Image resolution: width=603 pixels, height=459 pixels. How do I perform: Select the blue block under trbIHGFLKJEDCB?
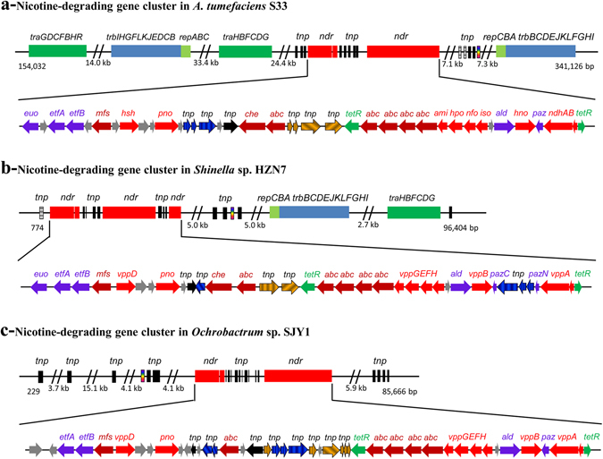pyautogui.click(x=145, y=52)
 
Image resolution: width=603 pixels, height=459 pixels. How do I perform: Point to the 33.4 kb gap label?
pyautogui.click(x=206, y=65)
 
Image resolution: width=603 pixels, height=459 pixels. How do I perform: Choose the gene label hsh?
pyautogui.click(x=128, y=114)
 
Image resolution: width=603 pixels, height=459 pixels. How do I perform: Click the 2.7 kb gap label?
pyautogui.click(x=369, y=227)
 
